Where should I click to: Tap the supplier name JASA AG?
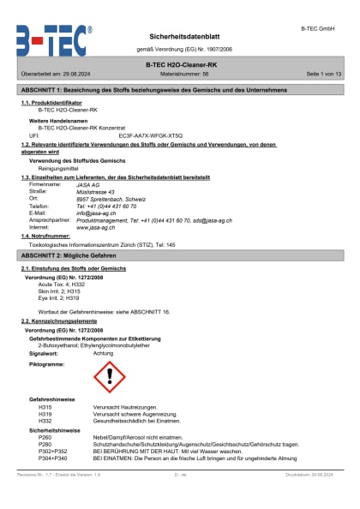(88, 183)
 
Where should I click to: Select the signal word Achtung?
(103, 353)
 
